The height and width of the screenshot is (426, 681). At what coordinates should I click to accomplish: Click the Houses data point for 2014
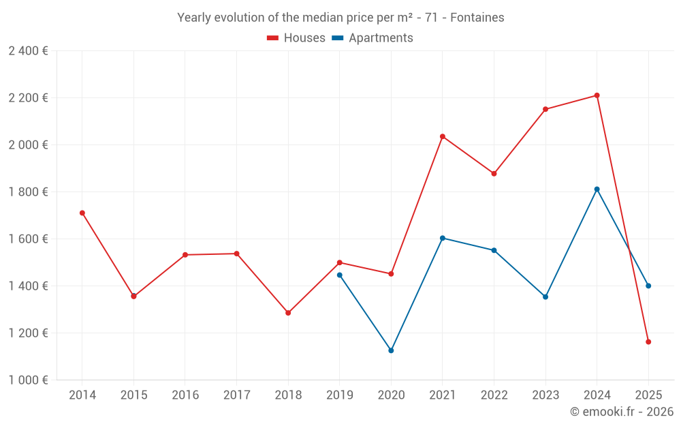tap(82, 213)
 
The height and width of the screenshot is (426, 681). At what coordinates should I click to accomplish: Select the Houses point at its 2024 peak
tap(597, 95)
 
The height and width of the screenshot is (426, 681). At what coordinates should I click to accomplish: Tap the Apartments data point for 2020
tap(391, 350)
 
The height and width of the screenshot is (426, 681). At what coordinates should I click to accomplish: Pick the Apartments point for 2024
tap(597, 189)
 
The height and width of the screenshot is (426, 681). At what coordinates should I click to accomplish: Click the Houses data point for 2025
tap(648, 341)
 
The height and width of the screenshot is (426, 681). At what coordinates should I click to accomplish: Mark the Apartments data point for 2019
tap(339, 275)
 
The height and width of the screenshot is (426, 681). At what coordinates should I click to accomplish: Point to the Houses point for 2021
tap(443, 136)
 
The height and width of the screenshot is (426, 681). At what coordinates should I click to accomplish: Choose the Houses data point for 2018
tap(288, 313)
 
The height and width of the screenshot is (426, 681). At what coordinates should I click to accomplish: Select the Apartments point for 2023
tap(545, 296)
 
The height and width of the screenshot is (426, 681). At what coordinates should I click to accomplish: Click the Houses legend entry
tap(296, 38)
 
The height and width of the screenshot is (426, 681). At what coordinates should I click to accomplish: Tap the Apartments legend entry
tap(373, 38)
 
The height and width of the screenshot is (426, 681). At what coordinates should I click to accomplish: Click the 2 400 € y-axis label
tap(28, 50)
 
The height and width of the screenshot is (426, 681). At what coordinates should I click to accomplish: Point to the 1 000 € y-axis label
tap(28, 380)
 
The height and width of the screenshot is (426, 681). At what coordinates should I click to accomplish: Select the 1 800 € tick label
tap(28, 192)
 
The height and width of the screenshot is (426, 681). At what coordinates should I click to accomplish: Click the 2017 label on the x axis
tap(236, 395)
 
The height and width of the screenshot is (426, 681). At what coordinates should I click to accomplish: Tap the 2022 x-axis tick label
tap(494, 395)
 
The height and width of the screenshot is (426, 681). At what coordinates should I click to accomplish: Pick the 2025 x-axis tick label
tap(648, 395)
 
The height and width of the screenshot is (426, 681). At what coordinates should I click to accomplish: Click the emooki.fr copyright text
tap(621, 412)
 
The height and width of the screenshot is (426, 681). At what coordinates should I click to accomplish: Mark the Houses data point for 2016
tap(185, 255)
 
